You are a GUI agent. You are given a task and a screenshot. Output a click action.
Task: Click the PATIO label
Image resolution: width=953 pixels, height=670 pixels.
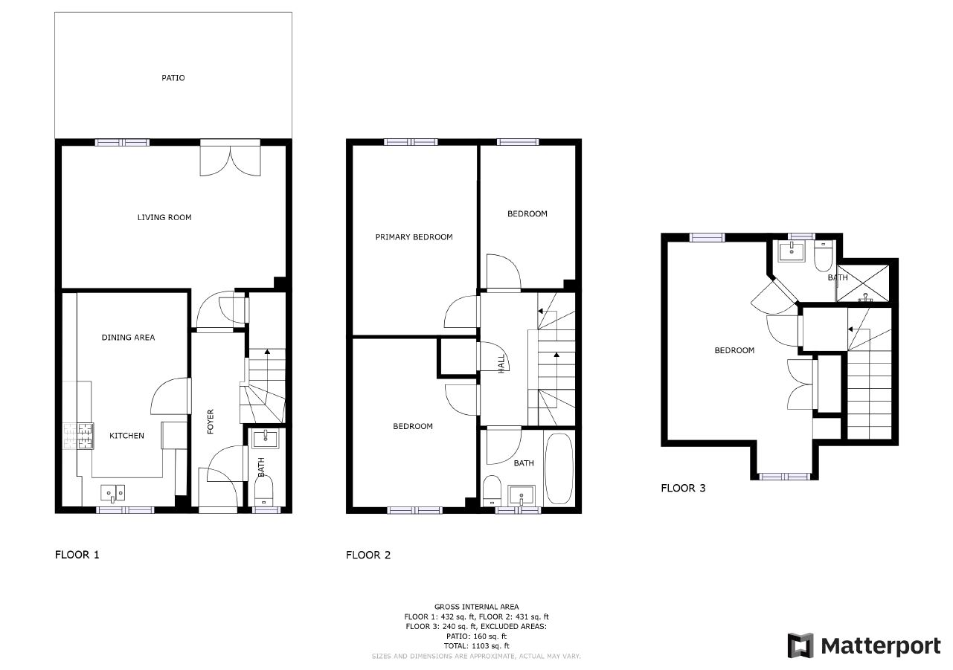point(173,78)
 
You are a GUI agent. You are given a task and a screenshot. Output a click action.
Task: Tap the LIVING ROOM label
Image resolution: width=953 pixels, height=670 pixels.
point(164,217)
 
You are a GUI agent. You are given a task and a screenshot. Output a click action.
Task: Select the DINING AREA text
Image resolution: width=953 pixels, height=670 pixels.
point(128,338)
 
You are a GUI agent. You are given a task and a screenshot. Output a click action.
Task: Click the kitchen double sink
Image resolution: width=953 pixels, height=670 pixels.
point(113,493)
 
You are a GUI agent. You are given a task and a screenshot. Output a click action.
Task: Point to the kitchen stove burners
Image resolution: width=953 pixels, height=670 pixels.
point(78,436)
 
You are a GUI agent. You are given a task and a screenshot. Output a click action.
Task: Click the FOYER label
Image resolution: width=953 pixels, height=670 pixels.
point(211,422)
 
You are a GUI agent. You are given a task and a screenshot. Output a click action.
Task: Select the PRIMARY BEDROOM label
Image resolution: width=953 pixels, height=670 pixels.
point(414,237)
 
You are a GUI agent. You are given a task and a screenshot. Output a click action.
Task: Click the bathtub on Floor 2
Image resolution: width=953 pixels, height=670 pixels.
point(559,468)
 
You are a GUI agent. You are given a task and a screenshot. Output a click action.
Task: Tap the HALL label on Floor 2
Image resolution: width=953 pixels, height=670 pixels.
point(501,364)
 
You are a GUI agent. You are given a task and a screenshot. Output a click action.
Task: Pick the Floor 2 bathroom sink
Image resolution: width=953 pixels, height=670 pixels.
point(522,495)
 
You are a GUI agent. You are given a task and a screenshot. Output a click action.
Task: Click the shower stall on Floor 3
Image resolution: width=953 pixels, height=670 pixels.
point(863,283)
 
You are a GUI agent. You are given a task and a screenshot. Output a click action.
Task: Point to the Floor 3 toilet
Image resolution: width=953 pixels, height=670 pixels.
point(824,256)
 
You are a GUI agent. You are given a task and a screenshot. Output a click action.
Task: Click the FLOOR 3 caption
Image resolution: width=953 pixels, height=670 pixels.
point(683,488)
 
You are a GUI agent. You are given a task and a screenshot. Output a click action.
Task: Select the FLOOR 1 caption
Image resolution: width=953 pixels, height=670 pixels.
point(77,555)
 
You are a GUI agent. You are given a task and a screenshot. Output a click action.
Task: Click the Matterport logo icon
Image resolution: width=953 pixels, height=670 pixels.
point(800,645)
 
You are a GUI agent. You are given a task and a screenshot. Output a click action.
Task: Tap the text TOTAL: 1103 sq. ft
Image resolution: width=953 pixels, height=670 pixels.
point(476,645)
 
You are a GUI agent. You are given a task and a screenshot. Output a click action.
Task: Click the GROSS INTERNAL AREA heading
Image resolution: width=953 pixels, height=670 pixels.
point(476,607)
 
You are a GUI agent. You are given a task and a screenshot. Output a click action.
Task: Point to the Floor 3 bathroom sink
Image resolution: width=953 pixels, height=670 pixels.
point(792,251)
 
